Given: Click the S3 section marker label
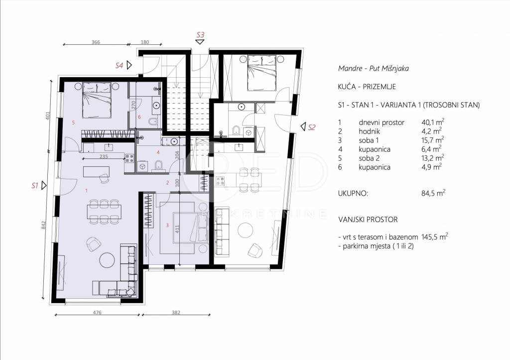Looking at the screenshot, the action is click(200, 34).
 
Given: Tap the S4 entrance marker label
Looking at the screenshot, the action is click(119, 65).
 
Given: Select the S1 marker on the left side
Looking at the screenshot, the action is click(35, 186).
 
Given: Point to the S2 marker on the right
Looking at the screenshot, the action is click(312, 127).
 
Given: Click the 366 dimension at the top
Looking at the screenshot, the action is click(96, 42).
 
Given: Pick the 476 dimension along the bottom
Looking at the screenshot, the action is click(97, 313).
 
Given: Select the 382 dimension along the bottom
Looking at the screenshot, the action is click(176, 313).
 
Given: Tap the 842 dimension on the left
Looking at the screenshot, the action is click(44, 226).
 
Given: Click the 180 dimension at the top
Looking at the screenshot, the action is click(145, 42).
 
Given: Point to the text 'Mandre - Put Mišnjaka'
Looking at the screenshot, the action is click(374, 68).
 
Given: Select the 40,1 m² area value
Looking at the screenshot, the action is click(433, 122).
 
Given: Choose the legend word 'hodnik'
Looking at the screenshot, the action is click(369, 131).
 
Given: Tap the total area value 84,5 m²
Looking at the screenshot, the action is click(433, 193).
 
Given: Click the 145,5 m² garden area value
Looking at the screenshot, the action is click(434, 237).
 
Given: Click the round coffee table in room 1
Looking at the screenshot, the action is click(107, 260).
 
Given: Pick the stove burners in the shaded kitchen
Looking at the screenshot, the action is click(129, 158).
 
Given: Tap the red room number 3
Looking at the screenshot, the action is click(167, 225).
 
